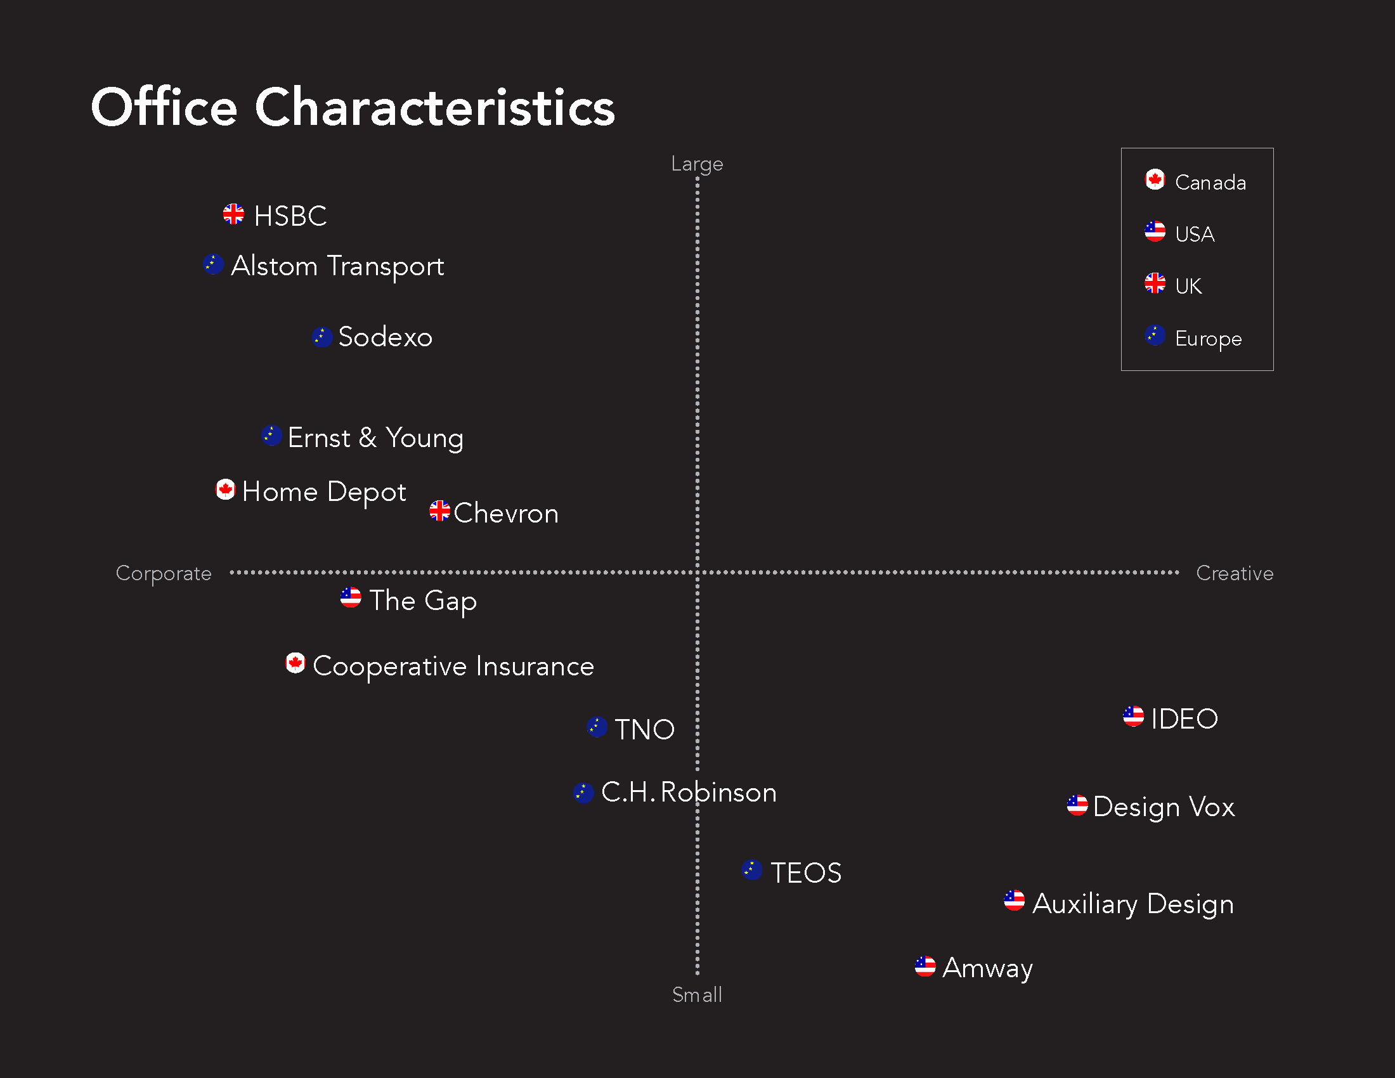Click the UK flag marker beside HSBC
(x=233, y=214)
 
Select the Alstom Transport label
(x=337, y=266)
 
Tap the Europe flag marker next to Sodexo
(x=322, y=337)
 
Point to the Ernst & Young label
(x=375, y=438)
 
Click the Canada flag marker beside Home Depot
(x=225, y=490)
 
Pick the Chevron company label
(x=506, y=514)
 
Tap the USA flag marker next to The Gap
(x=351, y=598)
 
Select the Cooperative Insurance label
(x=453, y=666)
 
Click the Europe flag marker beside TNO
(x=597, y=727)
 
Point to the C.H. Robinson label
(x=689, y=793)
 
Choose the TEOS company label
(x=805, y=873)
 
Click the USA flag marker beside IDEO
(x=1133, y=717)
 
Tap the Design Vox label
(x=1164, y=807)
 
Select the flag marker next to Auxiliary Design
(x=1014, y=901)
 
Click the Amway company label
(x=987, y=968)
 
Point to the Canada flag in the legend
(x=1155, y=180)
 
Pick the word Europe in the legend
(x=1209, y=339)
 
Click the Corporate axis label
(x=164, y=573)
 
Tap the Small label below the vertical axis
(x=697, y=995)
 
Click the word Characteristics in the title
(x=434, y=107)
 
